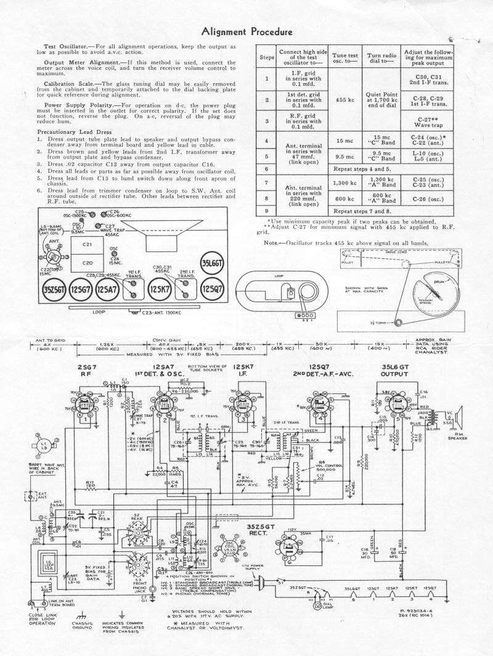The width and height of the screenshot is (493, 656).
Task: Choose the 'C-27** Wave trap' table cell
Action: point(423,121)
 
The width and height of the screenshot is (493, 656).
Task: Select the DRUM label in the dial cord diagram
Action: point(431,281)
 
